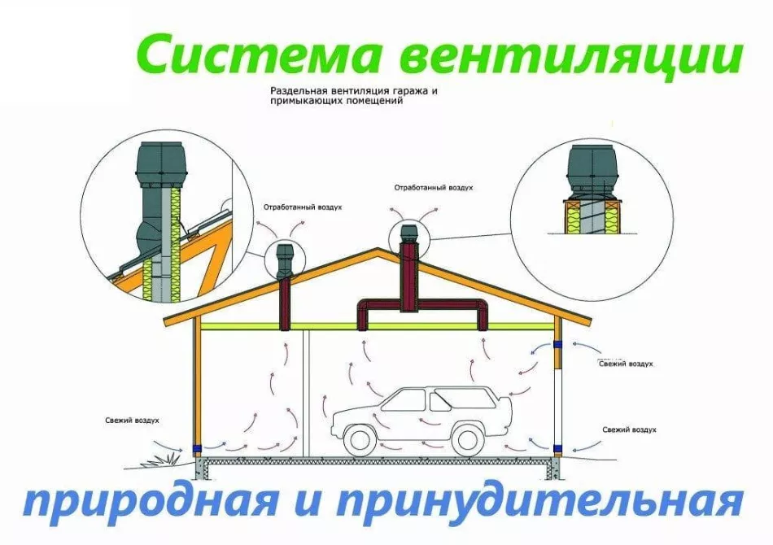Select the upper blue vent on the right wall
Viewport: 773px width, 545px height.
pos(558,344)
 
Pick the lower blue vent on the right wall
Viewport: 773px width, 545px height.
pos(558,448)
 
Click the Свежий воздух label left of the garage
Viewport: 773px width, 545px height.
pos(132,421)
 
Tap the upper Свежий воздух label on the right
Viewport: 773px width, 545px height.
pos(626,364)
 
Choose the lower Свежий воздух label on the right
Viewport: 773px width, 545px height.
pos(630,429)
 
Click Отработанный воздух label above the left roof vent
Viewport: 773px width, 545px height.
pos(303,207)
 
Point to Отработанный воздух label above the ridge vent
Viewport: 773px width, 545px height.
pos(434,188)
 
